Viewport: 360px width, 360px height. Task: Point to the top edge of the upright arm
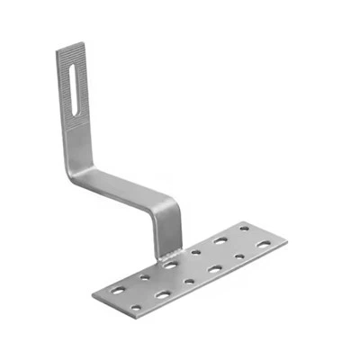click(69, 43)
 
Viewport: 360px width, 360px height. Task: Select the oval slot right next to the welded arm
click(170, 265)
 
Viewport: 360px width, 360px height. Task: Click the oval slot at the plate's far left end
click(118, 290)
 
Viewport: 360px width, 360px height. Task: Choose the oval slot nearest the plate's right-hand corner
click(263, 244)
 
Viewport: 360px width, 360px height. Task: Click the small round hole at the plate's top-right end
click(244, 229)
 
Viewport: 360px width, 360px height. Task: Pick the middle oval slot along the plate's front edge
click(214, 268)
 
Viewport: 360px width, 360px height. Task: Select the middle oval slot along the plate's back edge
click(220, 241)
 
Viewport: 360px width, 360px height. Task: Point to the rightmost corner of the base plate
click(287, 240)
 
